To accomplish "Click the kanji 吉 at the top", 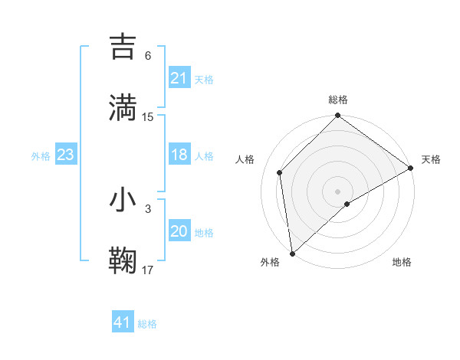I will [123, 47].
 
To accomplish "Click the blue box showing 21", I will [179, 78].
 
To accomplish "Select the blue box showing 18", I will [179, 155].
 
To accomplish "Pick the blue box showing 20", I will [179, 232].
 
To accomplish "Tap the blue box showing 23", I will [65, 155].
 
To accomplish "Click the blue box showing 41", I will [122, 322].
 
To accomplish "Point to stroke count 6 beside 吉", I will [148, 56].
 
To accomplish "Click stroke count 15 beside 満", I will [148, 116].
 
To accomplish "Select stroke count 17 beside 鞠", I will [148, 270].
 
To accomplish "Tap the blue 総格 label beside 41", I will [147, 324].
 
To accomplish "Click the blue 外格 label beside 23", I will [41, 156].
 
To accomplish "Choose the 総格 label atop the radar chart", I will [338, 100].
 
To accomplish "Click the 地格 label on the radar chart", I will [402, 263].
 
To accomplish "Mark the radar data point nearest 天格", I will [411, 169].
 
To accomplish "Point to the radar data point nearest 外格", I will [292, 253].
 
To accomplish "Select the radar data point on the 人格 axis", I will [280, 172].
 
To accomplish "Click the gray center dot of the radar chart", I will [338, 191].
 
